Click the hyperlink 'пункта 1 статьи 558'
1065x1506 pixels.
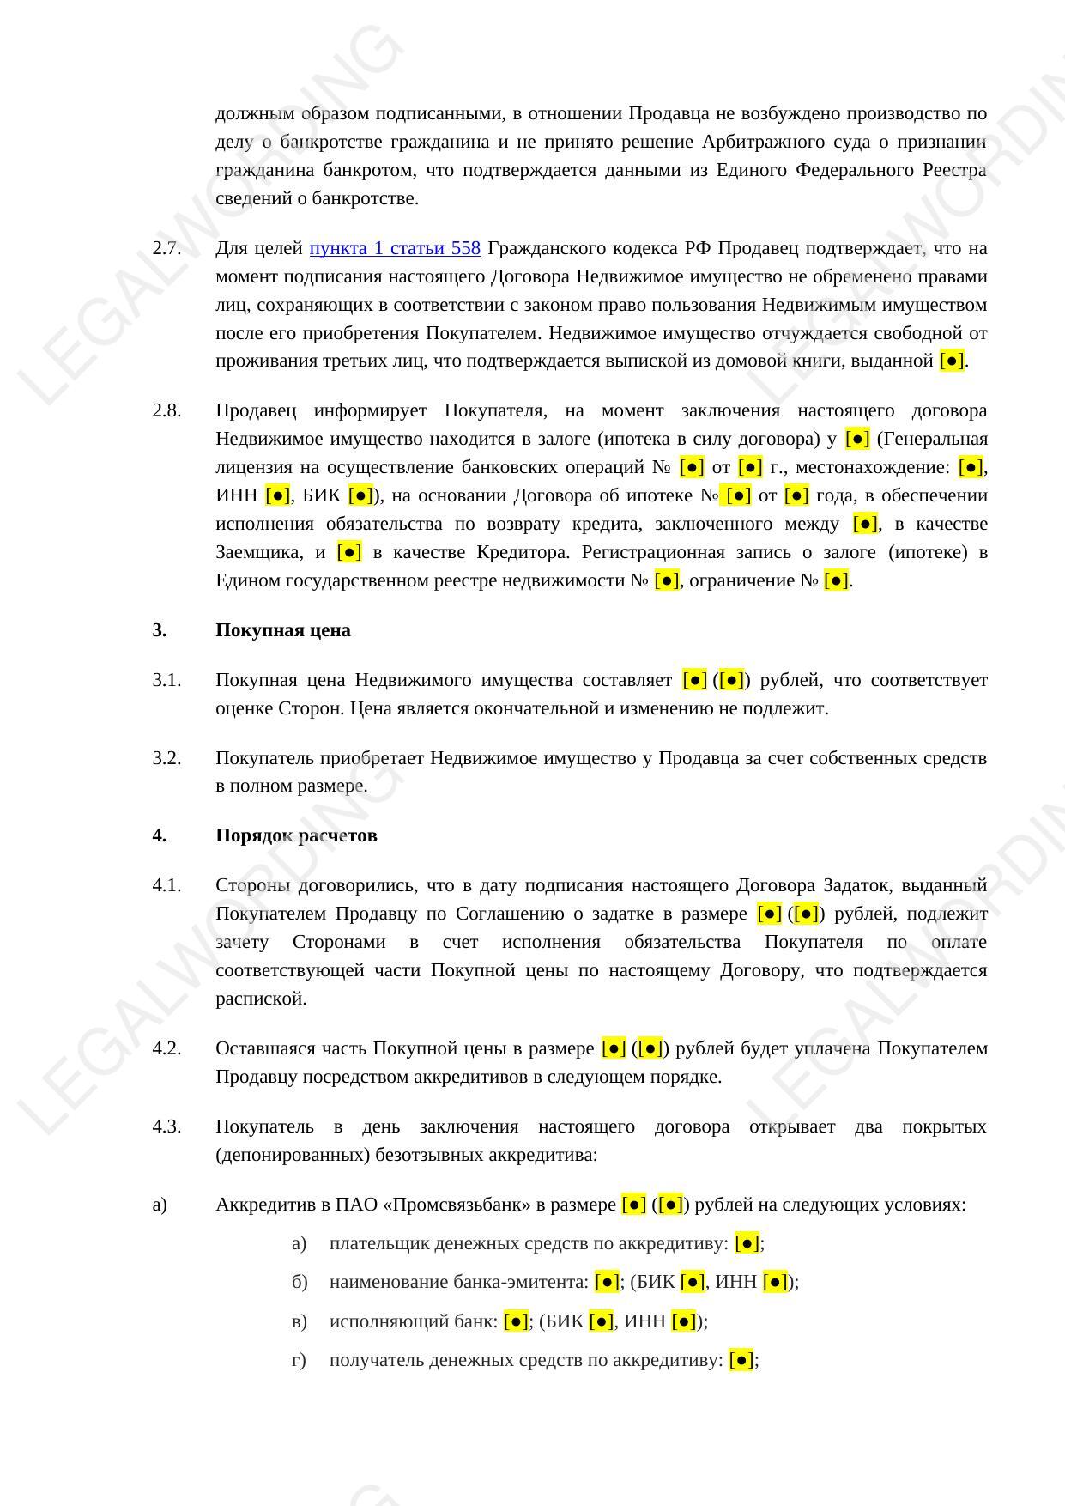click(x=395, y=248)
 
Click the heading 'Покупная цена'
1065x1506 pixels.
click(x=282, y=630)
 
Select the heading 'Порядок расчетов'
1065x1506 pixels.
click(x=296, y=835)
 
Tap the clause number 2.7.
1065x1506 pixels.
click(x=166, y=248)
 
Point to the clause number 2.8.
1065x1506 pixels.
click(x=166, y=410)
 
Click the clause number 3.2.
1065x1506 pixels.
click(x=166, y=758)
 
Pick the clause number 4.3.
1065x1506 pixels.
click(x=166, y=1126)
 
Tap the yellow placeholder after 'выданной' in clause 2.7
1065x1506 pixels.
click(x=952, y=361)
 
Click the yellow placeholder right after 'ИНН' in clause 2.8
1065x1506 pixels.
click(x=277, y=495)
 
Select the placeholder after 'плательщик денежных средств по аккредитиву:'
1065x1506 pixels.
click(x=747, y=1243)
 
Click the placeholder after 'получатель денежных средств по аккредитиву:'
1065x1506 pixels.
click(x=741, y=1360)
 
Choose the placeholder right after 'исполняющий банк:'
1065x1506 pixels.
click(x=516, y=1321)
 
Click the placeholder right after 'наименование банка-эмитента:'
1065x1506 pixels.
click(x=607, y=1282)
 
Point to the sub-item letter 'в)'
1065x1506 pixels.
click(x=299, y=1321)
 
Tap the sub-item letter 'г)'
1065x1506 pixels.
click(x=298, y=1360)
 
